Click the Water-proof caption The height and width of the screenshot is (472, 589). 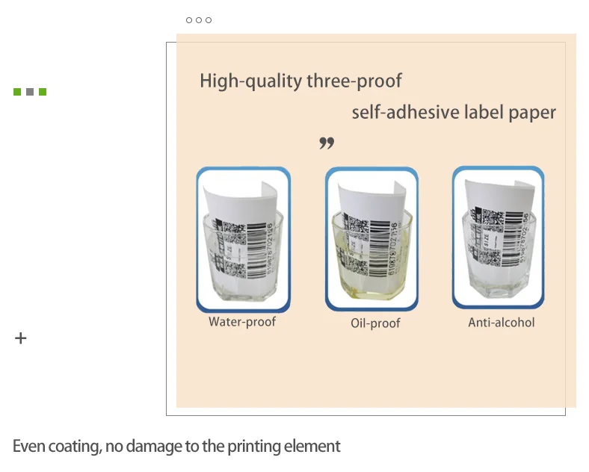[242, 323]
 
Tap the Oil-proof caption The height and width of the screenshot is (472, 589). [375, 323]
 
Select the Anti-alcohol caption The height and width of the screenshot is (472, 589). [502, 323]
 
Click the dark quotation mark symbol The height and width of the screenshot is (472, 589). [326, 143]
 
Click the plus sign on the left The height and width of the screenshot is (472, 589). [21, 339]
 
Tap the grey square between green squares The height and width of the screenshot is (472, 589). [30, 92]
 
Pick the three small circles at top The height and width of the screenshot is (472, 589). [199, 20]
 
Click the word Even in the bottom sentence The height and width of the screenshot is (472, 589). [29, 447]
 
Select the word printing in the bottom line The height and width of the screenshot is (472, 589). [252, 447]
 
